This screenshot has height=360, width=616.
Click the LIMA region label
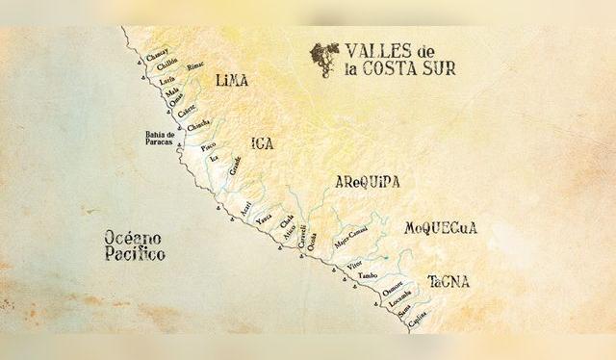click(232, 81)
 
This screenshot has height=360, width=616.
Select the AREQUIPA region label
click(367, 183)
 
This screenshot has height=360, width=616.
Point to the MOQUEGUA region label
click(441, 229)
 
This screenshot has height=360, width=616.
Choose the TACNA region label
click(449, 282)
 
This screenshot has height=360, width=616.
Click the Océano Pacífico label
click(134, 245)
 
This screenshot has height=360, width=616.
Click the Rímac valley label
click(195, 66)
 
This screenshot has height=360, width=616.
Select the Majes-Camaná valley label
click(350, 237)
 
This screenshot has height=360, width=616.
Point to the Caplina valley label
click(417, 325)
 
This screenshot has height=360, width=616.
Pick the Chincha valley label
click(198, 125)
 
